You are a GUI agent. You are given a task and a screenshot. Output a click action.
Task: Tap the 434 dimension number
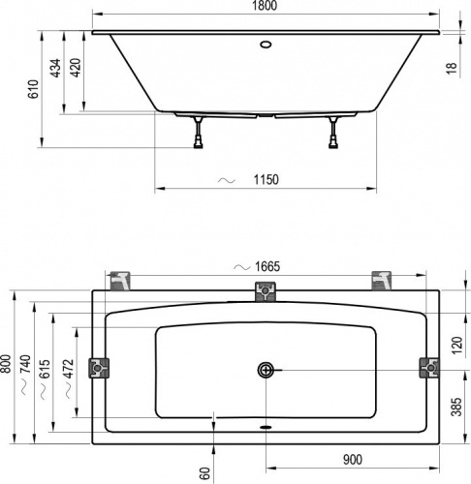point(55,68)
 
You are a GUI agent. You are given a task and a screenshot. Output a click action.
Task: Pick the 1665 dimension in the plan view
point(267,267)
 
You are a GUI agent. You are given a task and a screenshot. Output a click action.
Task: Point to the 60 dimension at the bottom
point(204,472)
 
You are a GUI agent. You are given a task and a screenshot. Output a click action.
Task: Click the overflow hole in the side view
point(266,44)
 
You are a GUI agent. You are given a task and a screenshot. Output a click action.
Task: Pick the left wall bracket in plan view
point(100,368)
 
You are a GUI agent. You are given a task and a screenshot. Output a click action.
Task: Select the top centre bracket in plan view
point(266,290)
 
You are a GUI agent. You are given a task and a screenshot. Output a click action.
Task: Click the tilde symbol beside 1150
point(227,180)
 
